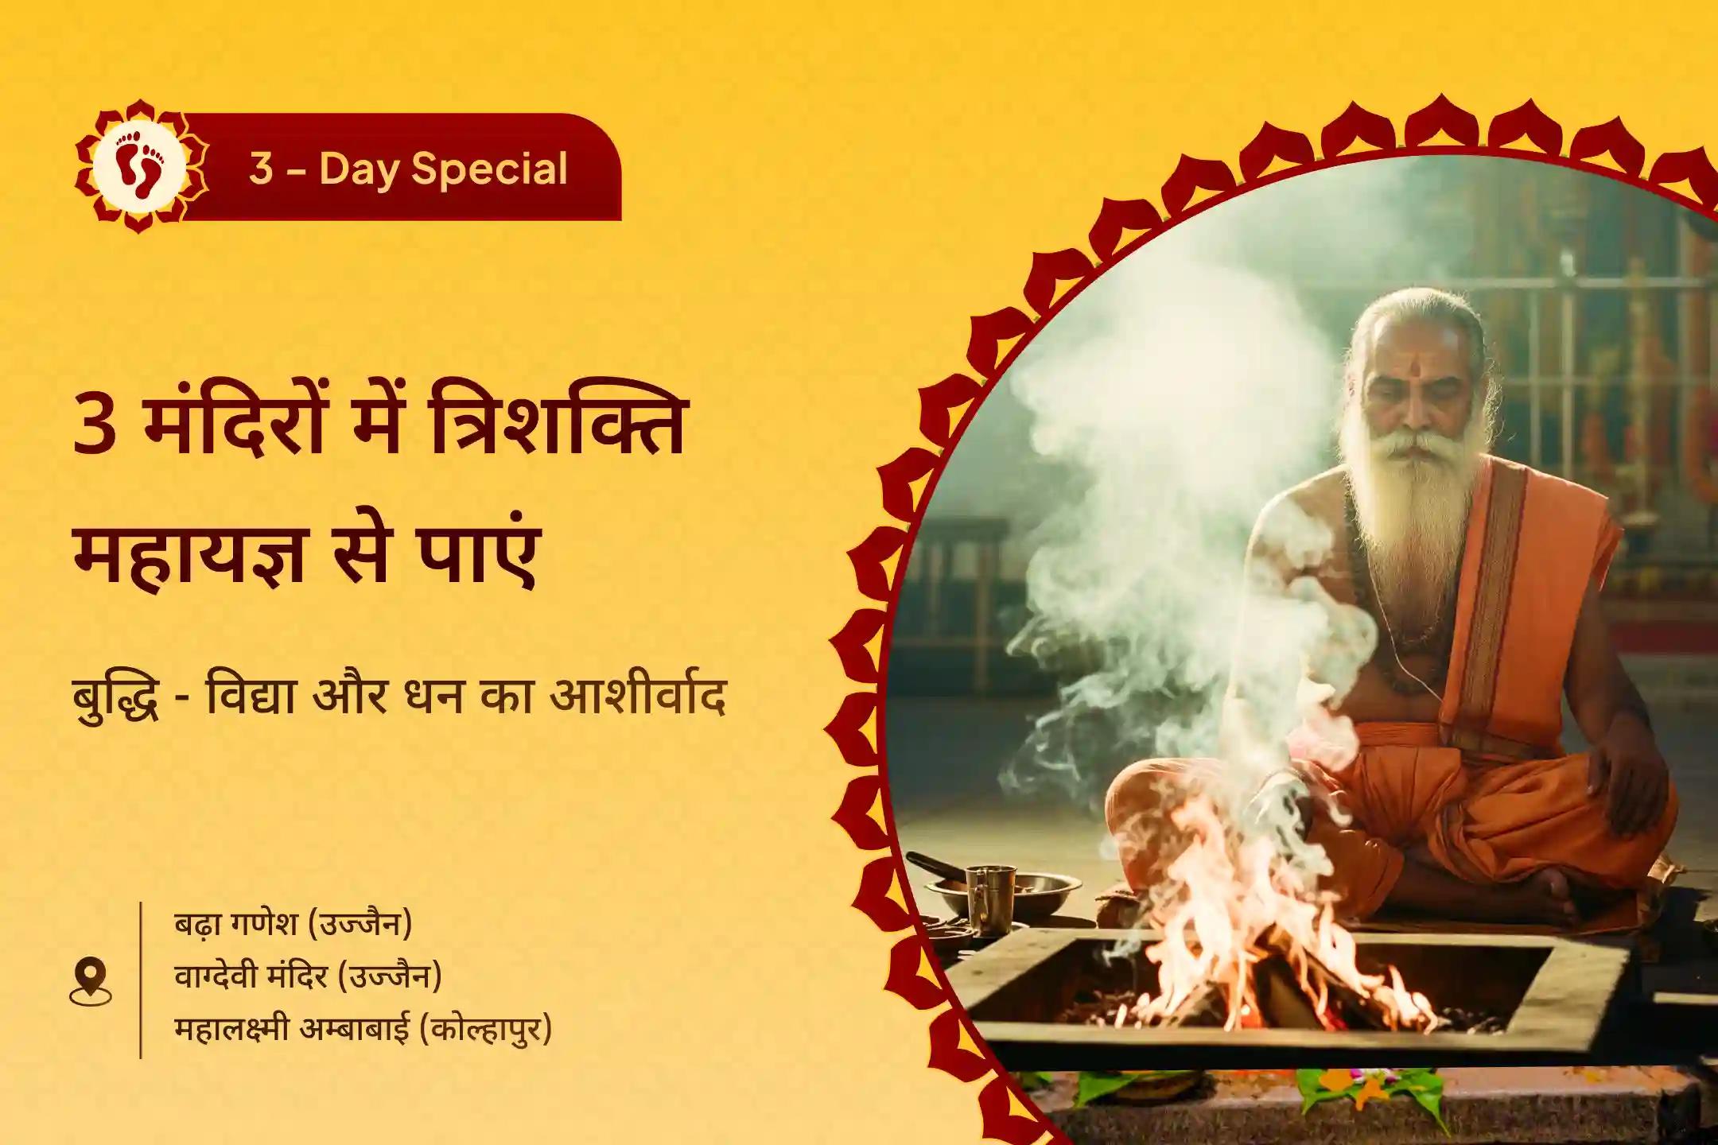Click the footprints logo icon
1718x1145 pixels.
[140, 167]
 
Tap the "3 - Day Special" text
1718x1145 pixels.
[408, 169]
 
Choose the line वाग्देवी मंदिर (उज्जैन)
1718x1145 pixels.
[308, 976]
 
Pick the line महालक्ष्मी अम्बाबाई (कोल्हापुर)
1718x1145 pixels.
[363, 1029]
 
